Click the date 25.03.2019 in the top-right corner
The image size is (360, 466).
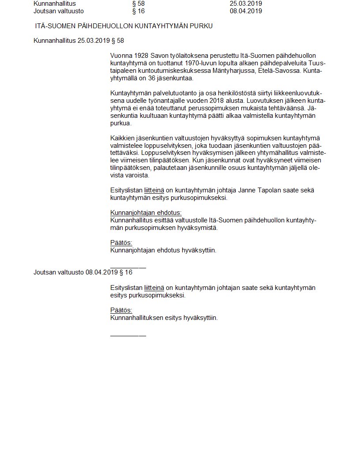point(246,4)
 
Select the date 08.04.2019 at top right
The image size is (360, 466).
point(246,11)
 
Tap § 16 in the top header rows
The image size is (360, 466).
point(138,11)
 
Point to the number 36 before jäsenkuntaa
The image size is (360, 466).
point(152,79)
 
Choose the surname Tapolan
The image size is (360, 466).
point(273,191)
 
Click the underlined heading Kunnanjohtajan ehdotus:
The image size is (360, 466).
point(146,213)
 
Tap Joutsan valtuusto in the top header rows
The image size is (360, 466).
point(58,11)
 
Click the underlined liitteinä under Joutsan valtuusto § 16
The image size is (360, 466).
point(154,288)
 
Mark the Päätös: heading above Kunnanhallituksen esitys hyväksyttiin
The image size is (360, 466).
point(121,310)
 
